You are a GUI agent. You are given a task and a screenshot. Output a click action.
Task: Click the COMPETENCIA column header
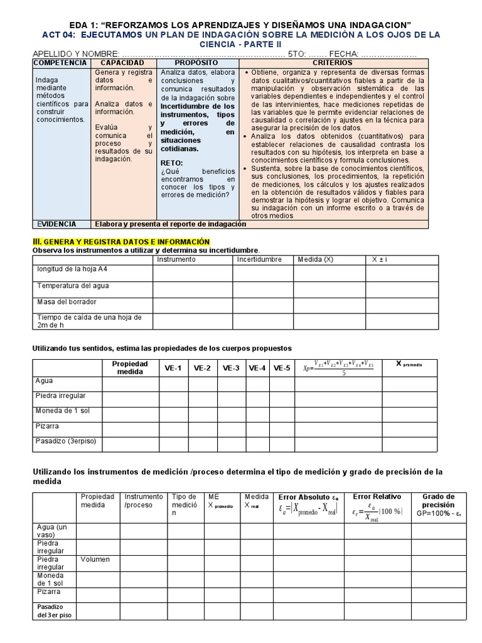60,63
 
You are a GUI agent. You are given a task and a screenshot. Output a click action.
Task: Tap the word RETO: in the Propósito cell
172,162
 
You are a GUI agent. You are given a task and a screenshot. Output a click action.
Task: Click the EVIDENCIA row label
56,224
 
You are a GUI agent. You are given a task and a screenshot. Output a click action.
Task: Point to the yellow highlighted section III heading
120,242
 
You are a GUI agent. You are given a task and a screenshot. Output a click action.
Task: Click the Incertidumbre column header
260,259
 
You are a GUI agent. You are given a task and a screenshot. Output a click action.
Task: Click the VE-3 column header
230,368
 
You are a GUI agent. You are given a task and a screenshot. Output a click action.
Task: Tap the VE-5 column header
282,368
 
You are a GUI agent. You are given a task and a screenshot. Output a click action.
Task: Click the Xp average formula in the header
339,368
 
